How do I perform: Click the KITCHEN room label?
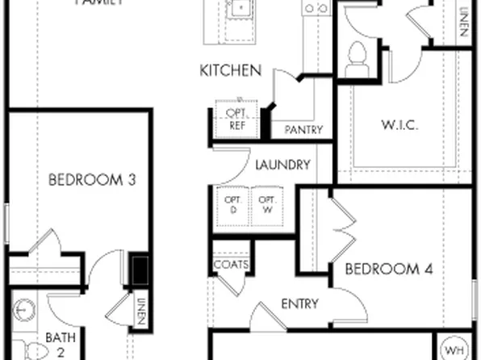[230, 71]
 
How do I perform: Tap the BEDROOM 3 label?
[91, 180]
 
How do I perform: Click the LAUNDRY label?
[282, 165]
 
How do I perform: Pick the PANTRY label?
[303, 130]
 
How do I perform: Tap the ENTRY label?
[299, 303]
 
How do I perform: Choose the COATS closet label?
[231, 265]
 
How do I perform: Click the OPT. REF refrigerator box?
[235, 119]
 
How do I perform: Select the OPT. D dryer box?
[232, 204]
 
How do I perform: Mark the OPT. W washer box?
[268, 204]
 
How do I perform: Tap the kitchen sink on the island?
[239, 10]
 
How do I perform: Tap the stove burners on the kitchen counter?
[316, 8]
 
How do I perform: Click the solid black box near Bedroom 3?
[140, 268]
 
